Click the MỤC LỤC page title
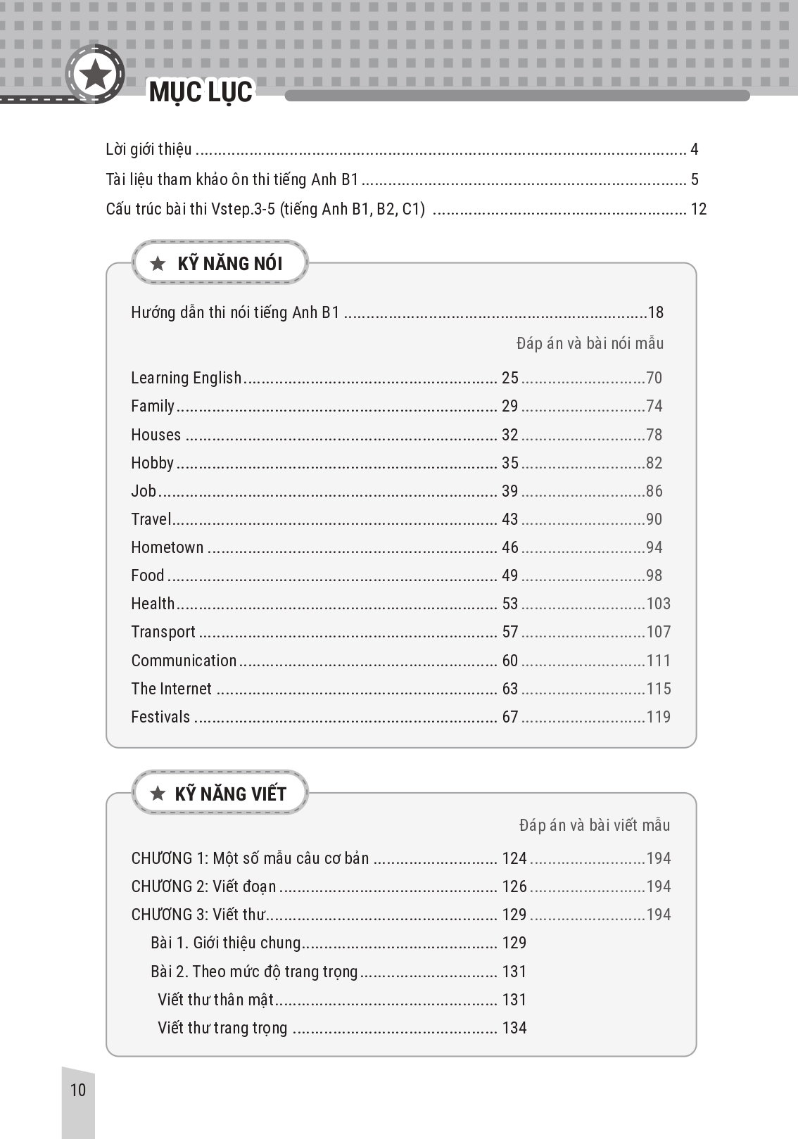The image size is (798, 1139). [x=201, y=92]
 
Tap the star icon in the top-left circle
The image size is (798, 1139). [x=95, y=74]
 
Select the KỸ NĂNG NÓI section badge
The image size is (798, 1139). [x=220, y=263]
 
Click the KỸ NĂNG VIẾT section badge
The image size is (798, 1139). [x=220, y=794]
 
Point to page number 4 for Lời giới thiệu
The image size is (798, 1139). [x=694, y=149]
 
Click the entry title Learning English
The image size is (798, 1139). [x=186, y=378]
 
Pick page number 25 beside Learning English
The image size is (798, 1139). [x=509, y=378]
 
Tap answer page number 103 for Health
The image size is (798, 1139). [x=658, y=604]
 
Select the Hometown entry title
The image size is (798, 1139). [x=167, y=547]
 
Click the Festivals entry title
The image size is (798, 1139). [x=160, y=717]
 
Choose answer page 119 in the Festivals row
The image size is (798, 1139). [x=658, y=717]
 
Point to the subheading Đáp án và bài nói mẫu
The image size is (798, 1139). [x=590, y=343]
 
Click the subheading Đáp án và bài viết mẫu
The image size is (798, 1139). [x=594, y=825]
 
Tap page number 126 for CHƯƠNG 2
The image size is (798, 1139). [x=514, y=886]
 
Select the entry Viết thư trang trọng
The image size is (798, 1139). [x=222, y=1028]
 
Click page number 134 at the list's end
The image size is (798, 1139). [x=514, y=1028]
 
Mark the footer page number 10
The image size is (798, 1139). [x=78, y=1090]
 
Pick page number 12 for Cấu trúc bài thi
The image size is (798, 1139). [x=698, y=209]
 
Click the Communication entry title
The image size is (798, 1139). [x=184, y=661]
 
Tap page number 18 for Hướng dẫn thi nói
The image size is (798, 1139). [x=655, y=312]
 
